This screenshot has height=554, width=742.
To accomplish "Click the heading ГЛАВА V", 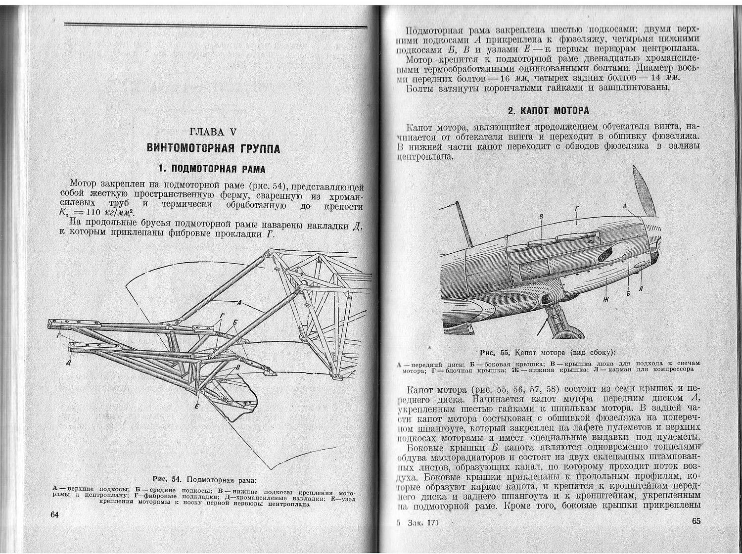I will (x=213, y=133).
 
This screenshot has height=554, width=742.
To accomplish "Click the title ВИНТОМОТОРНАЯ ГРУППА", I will (x=213, y=148).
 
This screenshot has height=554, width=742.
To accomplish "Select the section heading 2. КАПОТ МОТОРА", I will (x=549, y=110).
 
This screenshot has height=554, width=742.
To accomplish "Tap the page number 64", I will (x=55, y=514).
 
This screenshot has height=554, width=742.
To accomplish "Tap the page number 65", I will (x=696, y=521).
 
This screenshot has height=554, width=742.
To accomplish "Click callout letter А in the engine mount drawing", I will (x=239, y=302).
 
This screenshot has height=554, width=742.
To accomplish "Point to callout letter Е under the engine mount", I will (x=196, y=407).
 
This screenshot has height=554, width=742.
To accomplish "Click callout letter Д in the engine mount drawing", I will (x=68, y=364).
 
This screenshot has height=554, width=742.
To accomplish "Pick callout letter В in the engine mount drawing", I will (x=237, y=368).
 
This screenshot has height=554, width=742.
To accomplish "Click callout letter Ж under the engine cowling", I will (x=605, y=299).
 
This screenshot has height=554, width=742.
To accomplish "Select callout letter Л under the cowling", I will (x=641, y=288).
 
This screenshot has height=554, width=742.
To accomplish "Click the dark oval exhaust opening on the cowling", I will (x=605, y=254).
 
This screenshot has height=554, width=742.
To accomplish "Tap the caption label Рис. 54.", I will (x=168, y=479).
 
